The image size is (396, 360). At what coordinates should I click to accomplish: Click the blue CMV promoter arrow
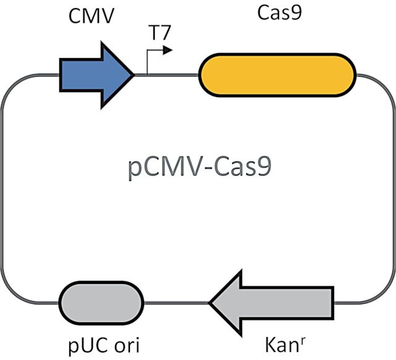click(x=96, y=75)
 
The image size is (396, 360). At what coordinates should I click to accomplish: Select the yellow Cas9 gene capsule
click(x=277, y=75)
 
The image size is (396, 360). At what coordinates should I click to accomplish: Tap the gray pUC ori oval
click(x=101, y=302)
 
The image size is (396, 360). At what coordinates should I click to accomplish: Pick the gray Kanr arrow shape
click(x=272, y=302)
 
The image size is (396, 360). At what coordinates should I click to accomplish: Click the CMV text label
click(x=92, y=16)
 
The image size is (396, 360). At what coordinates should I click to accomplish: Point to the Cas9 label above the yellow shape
click(x=280, y=13)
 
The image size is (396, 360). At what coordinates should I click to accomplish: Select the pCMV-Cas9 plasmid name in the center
click(x=200, y=168)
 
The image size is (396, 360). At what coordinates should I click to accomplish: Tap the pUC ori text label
click(x=104, y=345)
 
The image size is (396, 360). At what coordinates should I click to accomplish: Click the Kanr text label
click(x=285, y=345)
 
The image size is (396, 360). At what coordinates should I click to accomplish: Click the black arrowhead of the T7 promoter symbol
click(x=168, y=50)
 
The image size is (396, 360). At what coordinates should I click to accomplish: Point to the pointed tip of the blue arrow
click(x=134, y=75)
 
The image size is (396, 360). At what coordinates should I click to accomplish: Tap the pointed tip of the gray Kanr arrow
click(x=209, y=302)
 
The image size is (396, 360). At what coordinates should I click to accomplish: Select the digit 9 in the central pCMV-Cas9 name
click(x=265, y=168)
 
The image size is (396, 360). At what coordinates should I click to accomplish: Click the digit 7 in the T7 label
click(x=166, y=33)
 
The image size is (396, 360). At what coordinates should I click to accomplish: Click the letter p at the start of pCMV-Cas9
click(x=134, y=170)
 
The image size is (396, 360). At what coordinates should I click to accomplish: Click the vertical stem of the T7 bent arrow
click(x=147, y=62)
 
